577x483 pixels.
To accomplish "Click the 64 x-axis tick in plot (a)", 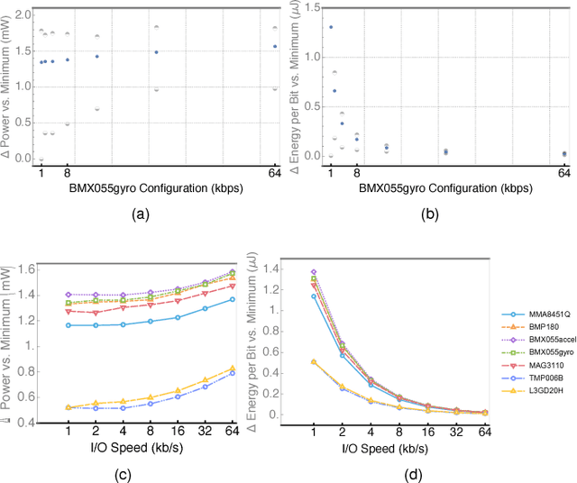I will pyautogui.click(x=275, y=172).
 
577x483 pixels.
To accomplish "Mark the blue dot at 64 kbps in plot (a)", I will pyautogui.click(x=275, y=46).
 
